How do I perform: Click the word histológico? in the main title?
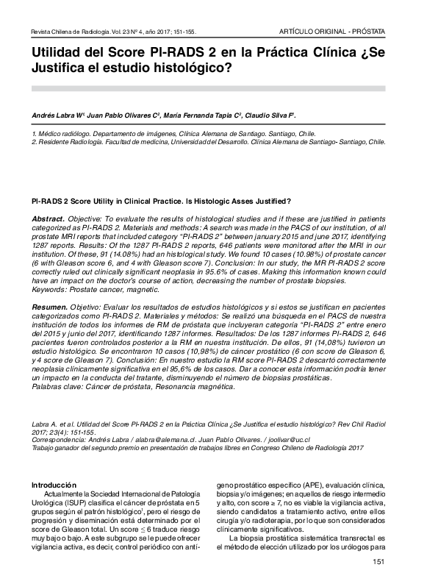pyautogui.click(x=184, y=71)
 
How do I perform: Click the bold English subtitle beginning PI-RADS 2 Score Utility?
pyautogui.click(x=161, y=201)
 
